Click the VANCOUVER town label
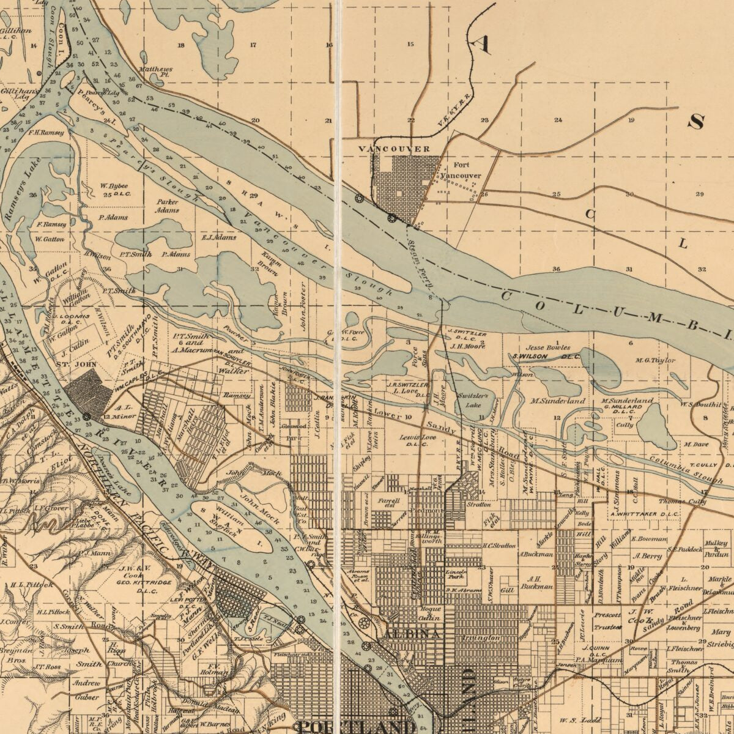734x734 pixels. [394, 149]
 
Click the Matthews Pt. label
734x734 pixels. [155, 71]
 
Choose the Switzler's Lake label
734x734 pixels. [470, 400]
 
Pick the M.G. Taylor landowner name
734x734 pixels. [655, 360]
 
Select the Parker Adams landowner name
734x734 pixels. [167, 206]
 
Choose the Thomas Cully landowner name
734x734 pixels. [681, 502]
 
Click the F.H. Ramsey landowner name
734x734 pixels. [46, 132]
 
